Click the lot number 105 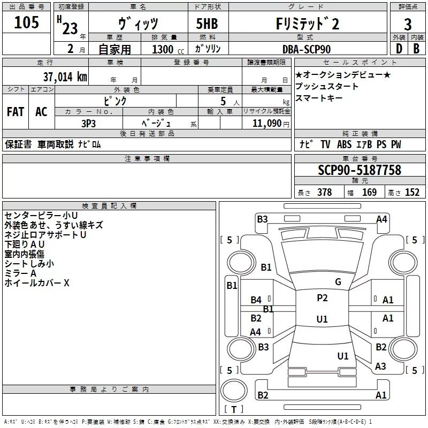click(x=26, y=22)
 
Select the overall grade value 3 click(x=408, y=24)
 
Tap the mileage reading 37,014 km click(x=65, y=77)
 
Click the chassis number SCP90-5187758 click(x=360, y=170)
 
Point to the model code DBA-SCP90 click(x=306, y=49)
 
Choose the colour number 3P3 click(x=88, y=124)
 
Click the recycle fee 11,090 click(x=266, y=124)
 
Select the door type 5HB click(x=207, y=24)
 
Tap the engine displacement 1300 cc click(x=168, y=49)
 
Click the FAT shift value click(x=16, y=111)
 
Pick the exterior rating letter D click(x=399, y=49)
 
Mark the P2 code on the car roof click(x=322, y=298)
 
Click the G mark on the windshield click(x=338, y=282)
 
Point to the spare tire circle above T click(x=234, y=391)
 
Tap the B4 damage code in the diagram click(x=256, y=300)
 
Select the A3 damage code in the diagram click(x=380, y=366)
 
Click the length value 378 click(x=325, y=193)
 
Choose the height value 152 click(x=412, y=193)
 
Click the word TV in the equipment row click(x=325, y=144)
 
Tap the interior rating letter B click(x=416, y=49)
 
